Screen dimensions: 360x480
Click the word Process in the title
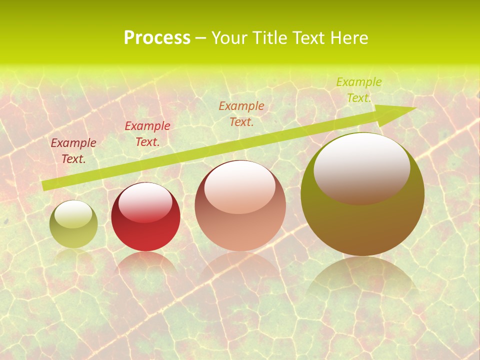click(x=157, y=38)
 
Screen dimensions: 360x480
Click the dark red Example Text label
click(x=73, y=151)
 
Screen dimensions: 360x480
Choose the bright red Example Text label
click(x=147, y=134)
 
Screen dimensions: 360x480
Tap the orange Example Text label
click(x=241, y=113)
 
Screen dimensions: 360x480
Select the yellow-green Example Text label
click(x=358, y=90)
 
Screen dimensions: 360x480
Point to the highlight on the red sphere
click(x=145, y=202)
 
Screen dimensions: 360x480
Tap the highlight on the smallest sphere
click(x=73, y=214)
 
